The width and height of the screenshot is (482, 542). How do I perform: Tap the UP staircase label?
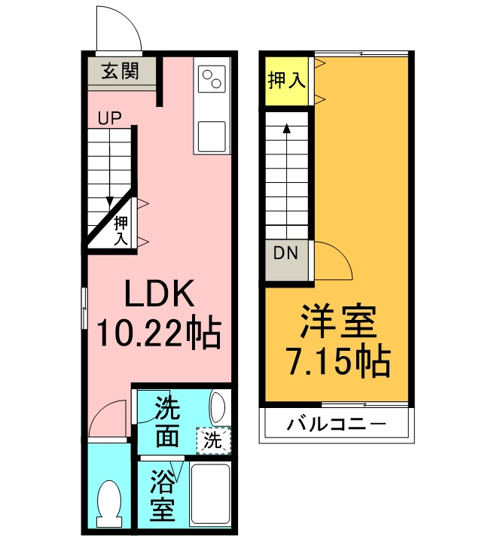(109, 117)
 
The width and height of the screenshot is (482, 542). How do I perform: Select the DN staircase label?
(286, 253)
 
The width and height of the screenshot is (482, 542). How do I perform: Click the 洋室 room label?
(338, 324)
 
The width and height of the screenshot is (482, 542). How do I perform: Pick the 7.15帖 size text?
(338, 363)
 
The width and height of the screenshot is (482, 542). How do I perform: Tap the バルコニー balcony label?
(336, 424)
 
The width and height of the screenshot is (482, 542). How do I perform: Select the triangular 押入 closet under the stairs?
(119, 229)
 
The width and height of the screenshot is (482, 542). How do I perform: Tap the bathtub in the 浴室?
(209, 492)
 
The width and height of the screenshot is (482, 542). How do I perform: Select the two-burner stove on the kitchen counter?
(212, 77)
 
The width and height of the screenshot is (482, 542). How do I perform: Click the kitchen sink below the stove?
(212, 135)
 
